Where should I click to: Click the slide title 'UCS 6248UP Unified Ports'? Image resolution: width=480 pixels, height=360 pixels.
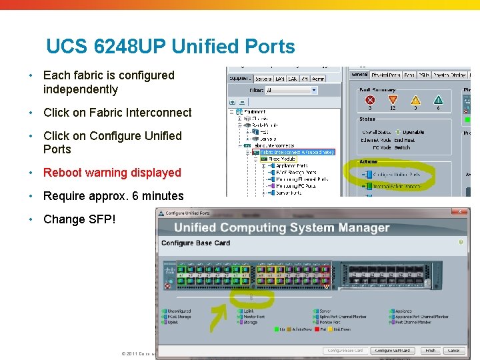pos(170,47)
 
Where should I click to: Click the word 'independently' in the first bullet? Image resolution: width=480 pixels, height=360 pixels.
pos(80,89)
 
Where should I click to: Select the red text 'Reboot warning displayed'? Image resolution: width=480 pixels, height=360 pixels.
pos(112,173)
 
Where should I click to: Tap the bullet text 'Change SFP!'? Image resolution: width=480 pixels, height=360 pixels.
pos(79,219)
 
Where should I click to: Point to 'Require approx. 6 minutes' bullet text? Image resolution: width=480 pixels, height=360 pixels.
pos(113,196)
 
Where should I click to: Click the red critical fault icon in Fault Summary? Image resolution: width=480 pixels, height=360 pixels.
pos(370,100)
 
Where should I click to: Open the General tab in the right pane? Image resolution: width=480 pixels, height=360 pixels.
pos(359,75)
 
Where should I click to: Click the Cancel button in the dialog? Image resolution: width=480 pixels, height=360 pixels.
pos(453,351)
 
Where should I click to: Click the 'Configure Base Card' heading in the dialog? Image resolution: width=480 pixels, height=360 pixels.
pos(195,243)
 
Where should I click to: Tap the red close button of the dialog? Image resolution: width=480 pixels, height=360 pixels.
pos(459,212)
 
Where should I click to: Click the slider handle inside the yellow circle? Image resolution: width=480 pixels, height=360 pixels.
pos(251,297)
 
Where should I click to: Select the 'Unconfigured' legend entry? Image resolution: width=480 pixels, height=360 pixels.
pos(179,311)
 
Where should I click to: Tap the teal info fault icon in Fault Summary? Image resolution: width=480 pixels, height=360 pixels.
pos(437,100)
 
